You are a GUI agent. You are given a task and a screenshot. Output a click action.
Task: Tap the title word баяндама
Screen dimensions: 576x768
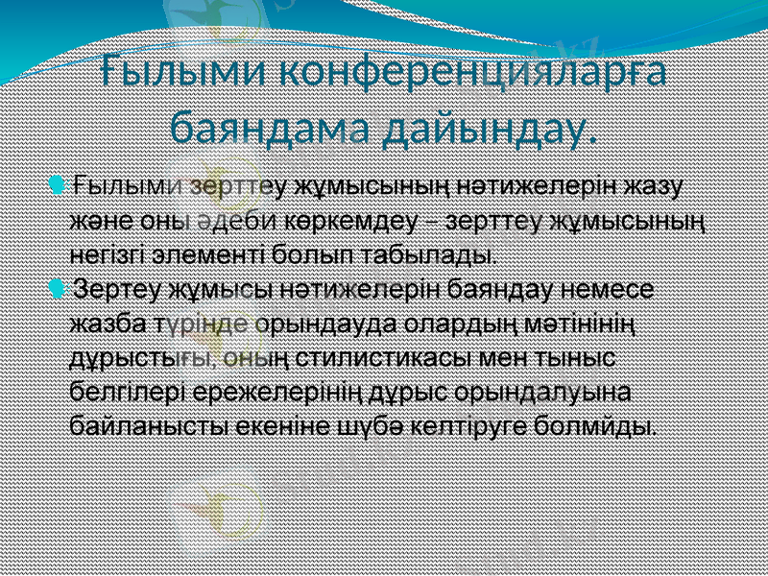click(268, 125)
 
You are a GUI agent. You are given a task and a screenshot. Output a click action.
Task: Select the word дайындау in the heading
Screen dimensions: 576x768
click(487, 127)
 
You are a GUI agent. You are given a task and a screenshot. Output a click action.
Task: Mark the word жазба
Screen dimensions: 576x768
click(108, 324)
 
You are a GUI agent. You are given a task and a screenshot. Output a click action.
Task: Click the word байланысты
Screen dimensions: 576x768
click(140, 425)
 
